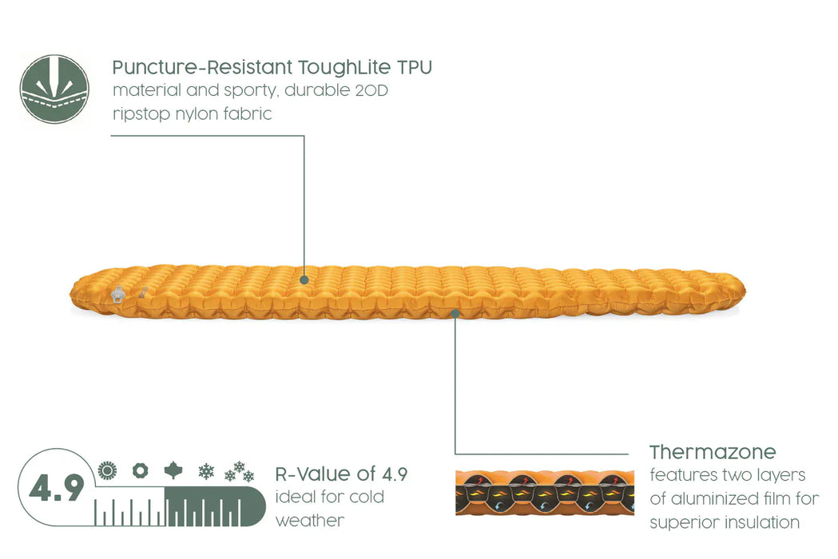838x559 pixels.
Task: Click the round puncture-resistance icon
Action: pyautogui.click(x=54, y=89)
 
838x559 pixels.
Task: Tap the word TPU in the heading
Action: pyautogui.click(x=414, y=68)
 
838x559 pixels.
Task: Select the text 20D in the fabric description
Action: pyautogui.click(x=371, y=90)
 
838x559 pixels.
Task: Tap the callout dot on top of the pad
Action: pyautogui.click(x=304, y=279)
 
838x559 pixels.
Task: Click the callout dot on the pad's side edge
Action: pyautogui.click(x=455, y=314)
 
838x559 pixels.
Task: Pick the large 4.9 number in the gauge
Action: pyautogui.click(x=57, y=488)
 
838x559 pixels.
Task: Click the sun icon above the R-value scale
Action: pyautogui.click(x=107, y=470)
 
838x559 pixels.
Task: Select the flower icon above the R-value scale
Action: pyautogui.click(x=141, y=471)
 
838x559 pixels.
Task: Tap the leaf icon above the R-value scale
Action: pyautogui.click(x=173, y=470)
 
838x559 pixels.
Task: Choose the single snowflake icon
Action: pyautogui.click(x=206, y=471)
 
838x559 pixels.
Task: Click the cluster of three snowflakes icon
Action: pyautogui.click(x=239, y=471)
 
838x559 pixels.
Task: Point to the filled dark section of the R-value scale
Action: pyautogui.click(x=215, y=506)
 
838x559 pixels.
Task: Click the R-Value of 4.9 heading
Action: pyautogui.click(x=341, y=474)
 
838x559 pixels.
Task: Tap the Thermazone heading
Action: pyautogui.click(x=713, y=453)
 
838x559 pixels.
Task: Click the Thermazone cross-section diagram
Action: pyautogui.click(x=545, y=493)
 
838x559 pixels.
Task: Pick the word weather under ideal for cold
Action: pyautogui.click(x=310, y=521)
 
